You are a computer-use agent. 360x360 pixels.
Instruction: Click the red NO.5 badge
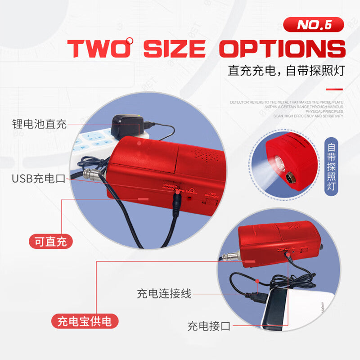(314, 24)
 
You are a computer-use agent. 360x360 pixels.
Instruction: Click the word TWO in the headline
(99, 48)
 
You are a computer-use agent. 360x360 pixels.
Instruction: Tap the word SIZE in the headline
(175, 48)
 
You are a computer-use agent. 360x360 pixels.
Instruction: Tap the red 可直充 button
(51, 242)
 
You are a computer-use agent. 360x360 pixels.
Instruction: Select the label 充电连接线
(164, 294)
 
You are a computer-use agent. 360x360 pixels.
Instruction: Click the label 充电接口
(209, 326)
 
